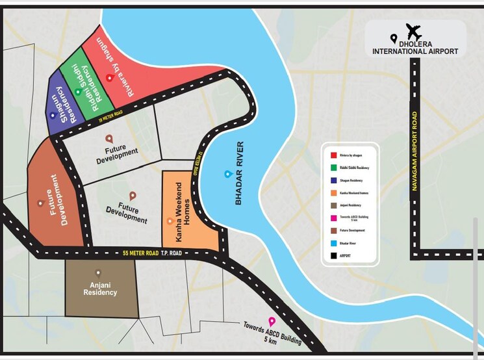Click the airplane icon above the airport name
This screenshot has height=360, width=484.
tap(414, 31)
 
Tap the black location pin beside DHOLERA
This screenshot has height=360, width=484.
tap(393, 39)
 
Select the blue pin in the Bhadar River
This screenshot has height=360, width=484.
tap(227, 174)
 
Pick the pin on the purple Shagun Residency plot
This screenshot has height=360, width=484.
tap(52, 114)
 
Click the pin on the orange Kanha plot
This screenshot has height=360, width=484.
tap(170, 221)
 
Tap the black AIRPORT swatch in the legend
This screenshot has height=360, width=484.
tap(334, 256)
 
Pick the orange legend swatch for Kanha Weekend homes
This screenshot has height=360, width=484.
tap(334, 193)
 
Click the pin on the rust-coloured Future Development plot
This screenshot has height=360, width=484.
tap(40, 203)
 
